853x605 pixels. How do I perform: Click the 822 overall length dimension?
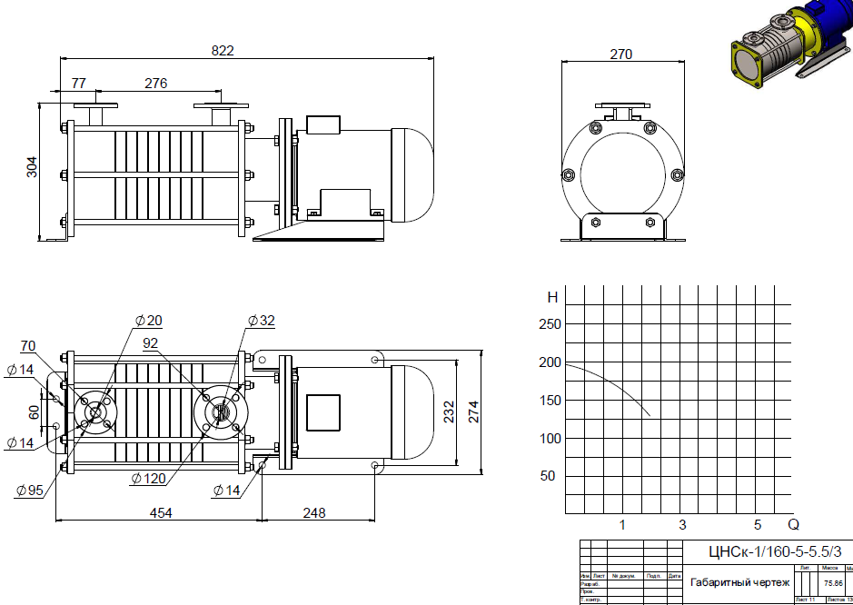click(x=223, y=51)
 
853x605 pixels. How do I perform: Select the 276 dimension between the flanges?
click(x=156, y=83)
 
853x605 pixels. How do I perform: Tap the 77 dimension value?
click(x=78, y=83)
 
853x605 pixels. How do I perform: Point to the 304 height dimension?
click(x=32, y=167)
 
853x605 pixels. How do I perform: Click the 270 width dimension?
click(x=620, y=55)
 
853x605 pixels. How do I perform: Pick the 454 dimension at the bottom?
click(x=160, y=513)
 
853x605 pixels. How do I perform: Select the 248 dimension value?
click(x=313, y=513)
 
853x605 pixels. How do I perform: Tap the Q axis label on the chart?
click(x=793, y=525)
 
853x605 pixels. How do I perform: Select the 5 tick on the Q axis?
click(x=757, y=525)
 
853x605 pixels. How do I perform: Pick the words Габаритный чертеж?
click(x=740, y=582)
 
